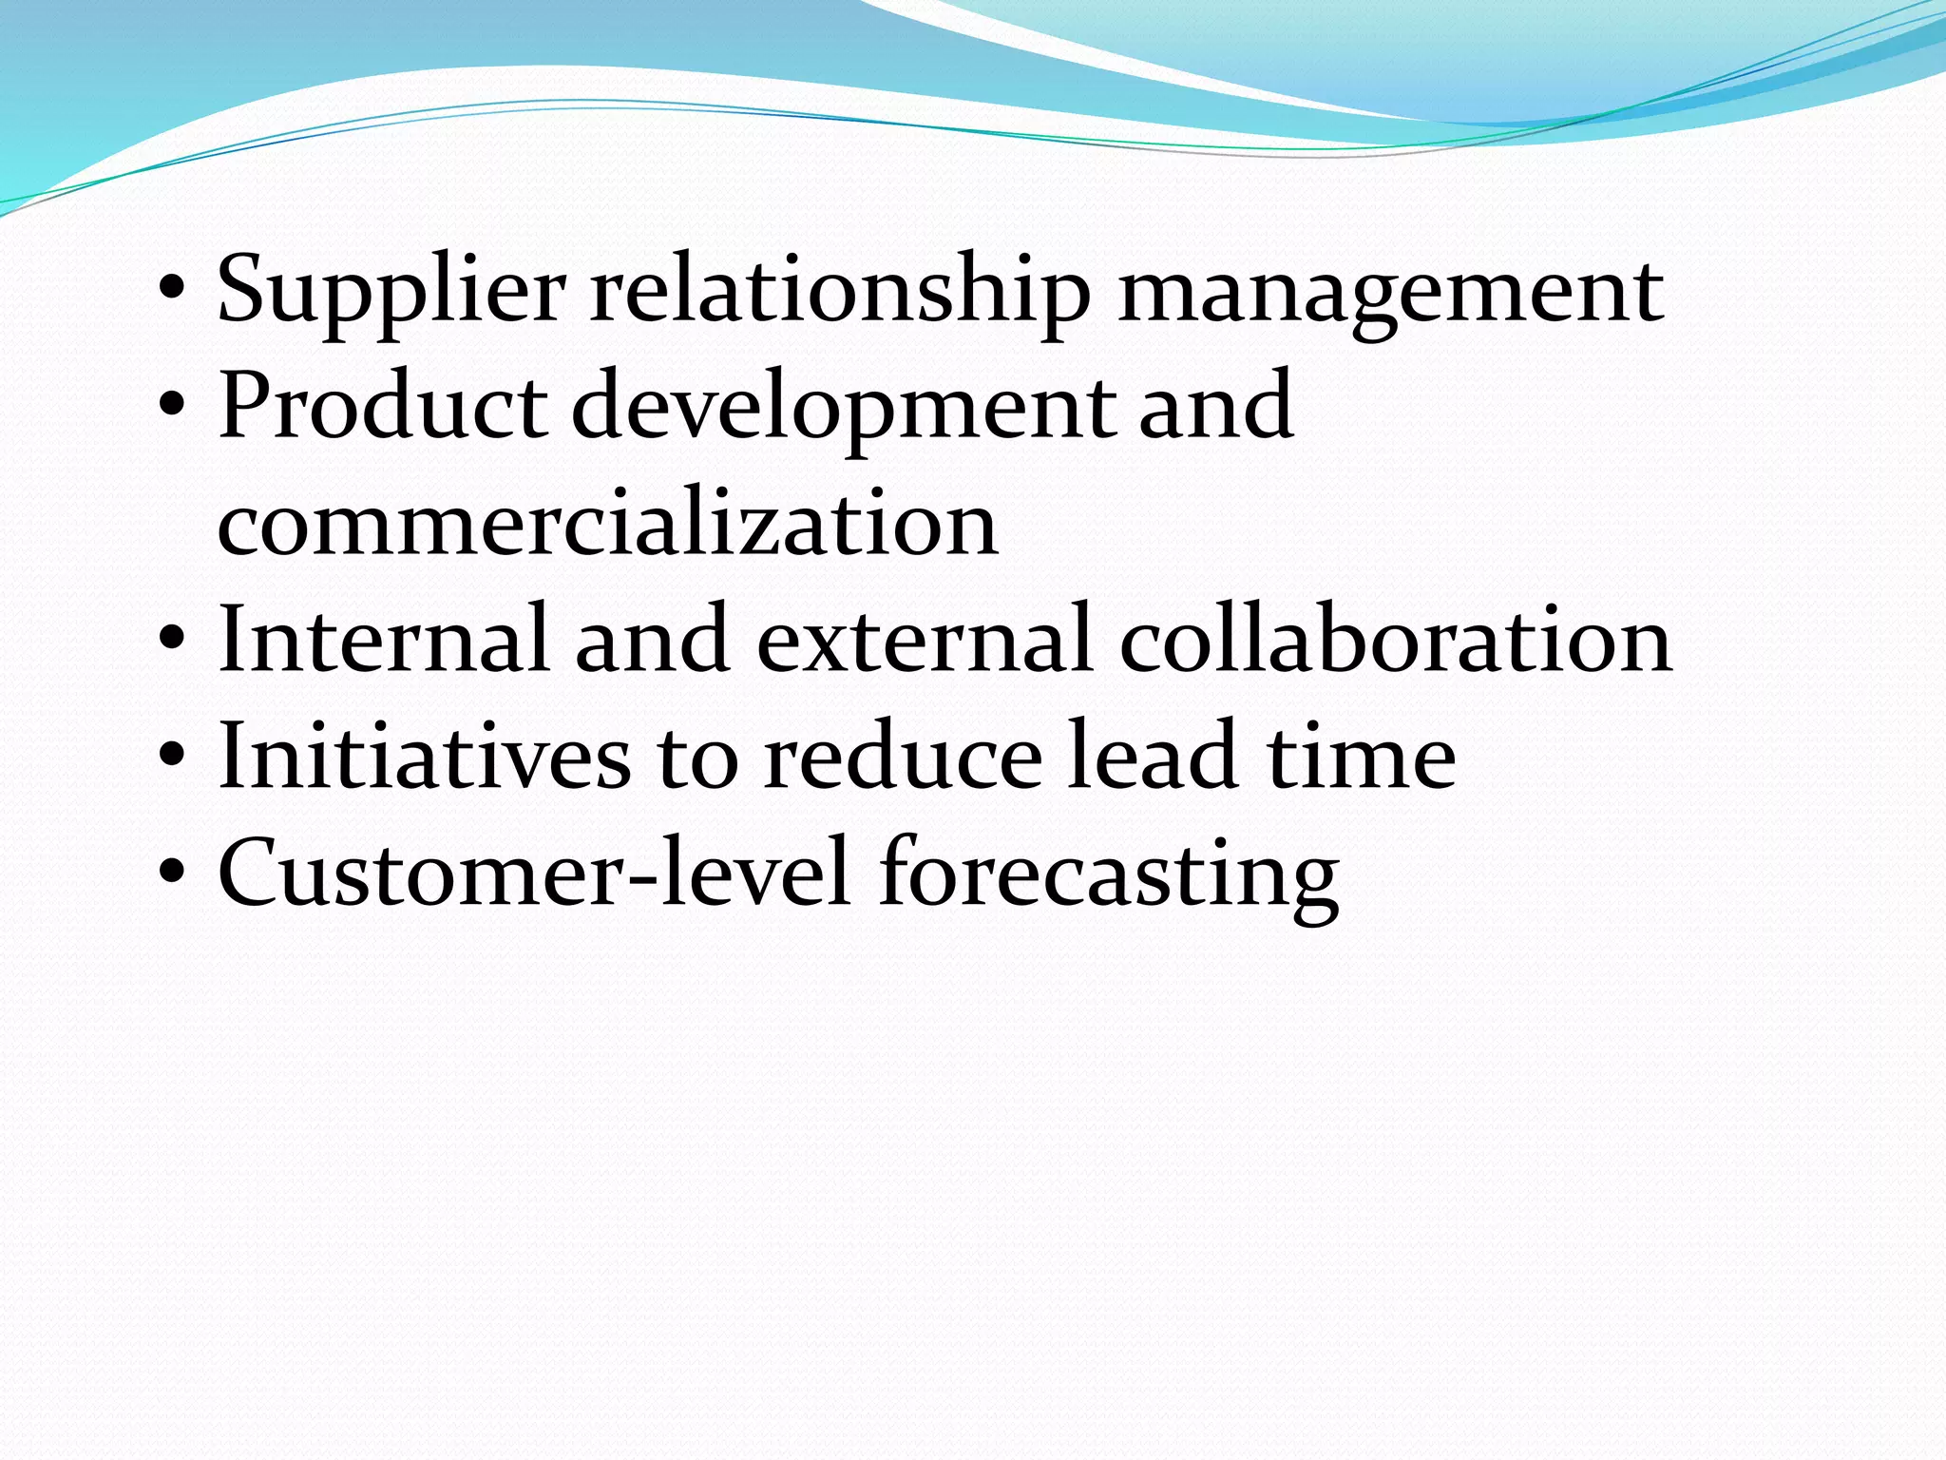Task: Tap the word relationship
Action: click(x=840, y=291)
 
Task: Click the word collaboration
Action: click(x=1396, y=639)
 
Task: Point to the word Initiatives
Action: click(x=424, y=757)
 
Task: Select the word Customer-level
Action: click(x=533, y=873)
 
